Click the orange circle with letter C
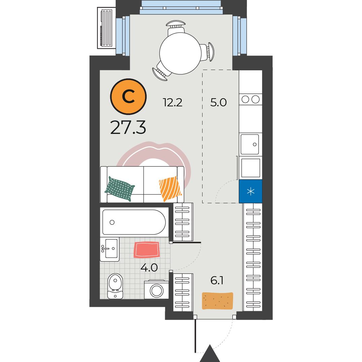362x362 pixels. pyautogui.click(x=129, y=97)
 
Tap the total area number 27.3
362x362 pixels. pyautogui.click(x=128, y=128)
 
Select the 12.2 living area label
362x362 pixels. pyautogui.click(x=173, y=102)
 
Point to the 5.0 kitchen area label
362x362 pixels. pyautogui.click(x=218, y=102)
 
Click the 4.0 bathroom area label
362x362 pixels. pyautogui.click(x=149, y=267)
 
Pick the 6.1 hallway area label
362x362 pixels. pyautogui.click(x=217, y=281)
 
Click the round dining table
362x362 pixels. pyautogui.click(x=180, y=53)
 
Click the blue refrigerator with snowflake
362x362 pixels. pyautogui.click(x=251, y=191)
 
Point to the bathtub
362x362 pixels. pyautogui.click(x=134, y=222)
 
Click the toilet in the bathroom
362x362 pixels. pyautogui.click(x=115, y=286)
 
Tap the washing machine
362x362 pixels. pyautogui.click(x=156, y=290)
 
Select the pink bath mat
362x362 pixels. pyautogui.click(x=147, y=250)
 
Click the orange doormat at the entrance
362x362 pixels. pyautogui.click(x=217, y=301)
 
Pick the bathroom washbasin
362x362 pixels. pyautogui.click(x=110, y=249)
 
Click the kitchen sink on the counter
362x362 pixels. pyautogui.click(x=250, y=144)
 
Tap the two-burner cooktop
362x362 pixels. pyautogui.click(x=251, y=100)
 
